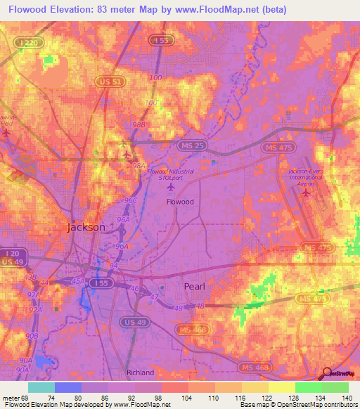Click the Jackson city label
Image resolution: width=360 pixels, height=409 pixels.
coord(86,228)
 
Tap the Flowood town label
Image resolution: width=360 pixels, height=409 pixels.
coord(179,201)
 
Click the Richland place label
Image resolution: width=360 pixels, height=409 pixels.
coord(140,372)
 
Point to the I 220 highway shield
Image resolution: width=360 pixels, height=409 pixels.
coord(29,44)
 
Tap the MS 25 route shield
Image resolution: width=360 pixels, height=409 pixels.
coord(183,144)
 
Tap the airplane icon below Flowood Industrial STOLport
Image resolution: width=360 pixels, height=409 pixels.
coord(168,188)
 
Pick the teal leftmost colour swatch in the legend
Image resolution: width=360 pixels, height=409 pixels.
coord(41,387)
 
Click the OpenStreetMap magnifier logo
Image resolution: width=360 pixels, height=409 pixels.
coord(327,373)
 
